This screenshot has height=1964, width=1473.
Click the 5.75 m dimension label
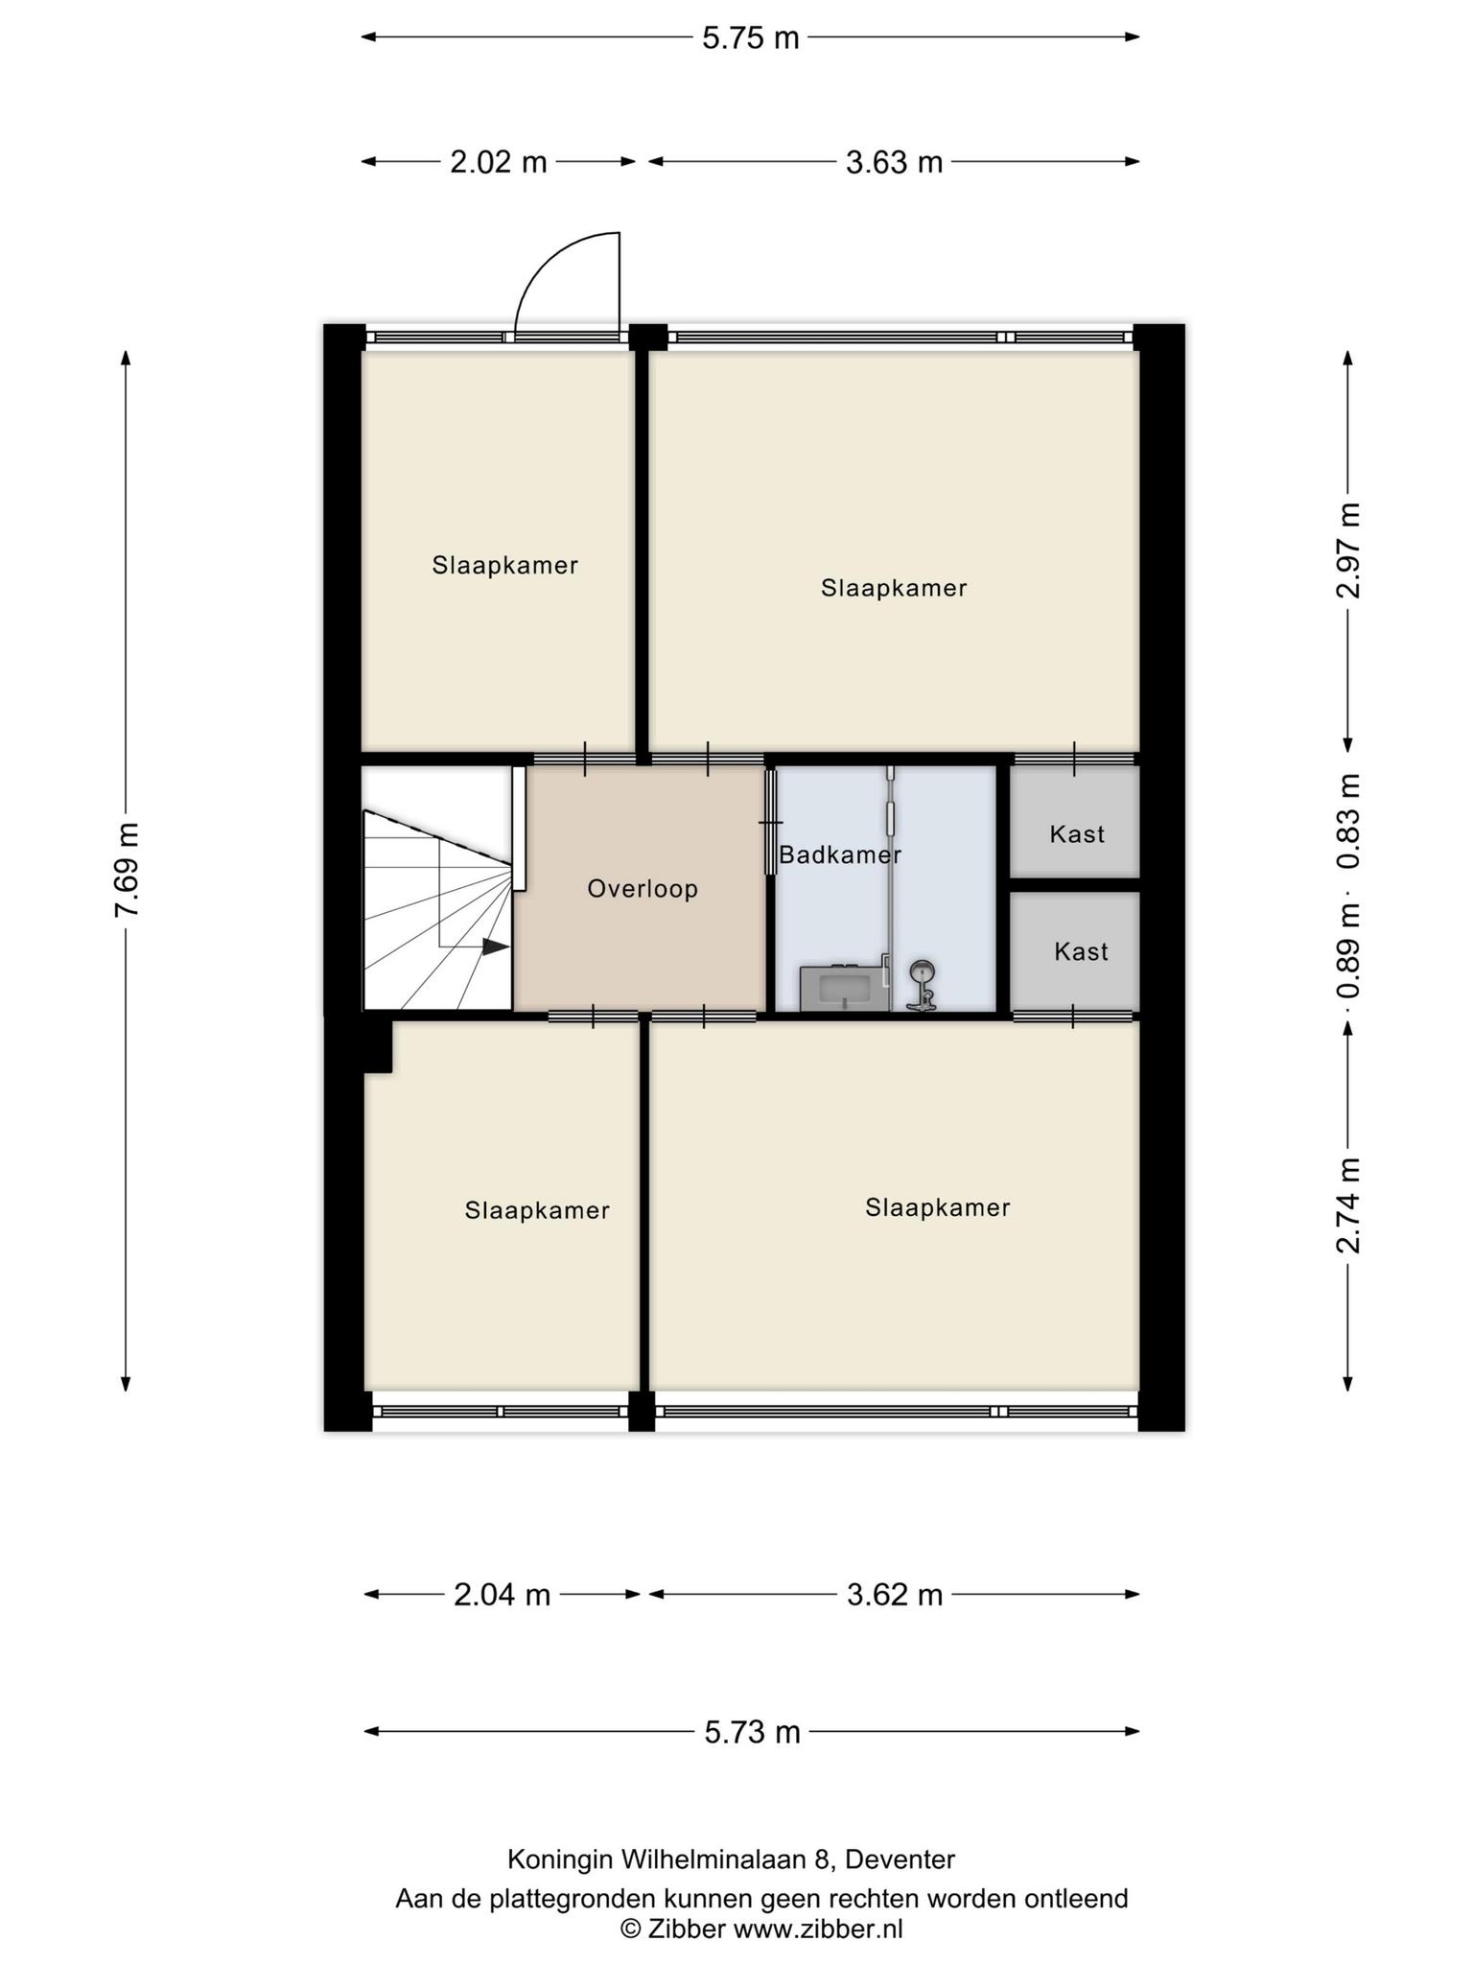(751, 37)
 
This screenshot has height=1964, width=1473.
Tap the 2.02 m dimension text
(499, 162)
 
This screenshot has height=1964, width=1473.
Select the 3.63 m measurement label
(894, 162)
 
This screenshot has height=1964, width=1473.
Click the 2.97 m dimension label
(1348, 550)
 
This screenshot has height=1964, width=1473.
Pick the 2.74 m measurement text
(1348, 1205)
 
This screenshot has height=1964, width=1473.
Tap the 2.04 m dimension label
(502, 1595)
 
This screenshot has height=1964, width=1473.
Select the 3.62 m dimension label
(895, 1595)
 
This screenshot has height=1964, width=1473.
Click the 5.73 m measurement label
(752, 1732)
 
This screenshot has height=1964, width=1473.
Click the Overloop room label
(643, 889)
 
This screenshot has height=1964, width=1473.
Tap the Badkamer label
(840, 854)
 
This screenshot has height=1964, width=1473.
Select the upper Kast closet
(1076, 821)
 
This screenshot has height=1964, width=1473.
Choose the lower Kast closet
(1076, 951)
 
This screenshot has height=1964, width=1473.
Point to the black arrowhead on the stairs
(495, 947)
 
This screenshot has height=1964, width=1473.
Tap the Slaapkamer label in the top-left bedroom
(505, 566)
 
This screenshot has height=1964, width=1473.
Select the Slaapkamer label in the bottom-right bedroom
(938, 1207)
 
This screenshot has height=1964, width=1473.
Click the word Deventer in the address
(900, 1859)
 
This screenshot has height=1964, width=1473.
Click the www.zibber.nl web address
(818, 1929)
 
